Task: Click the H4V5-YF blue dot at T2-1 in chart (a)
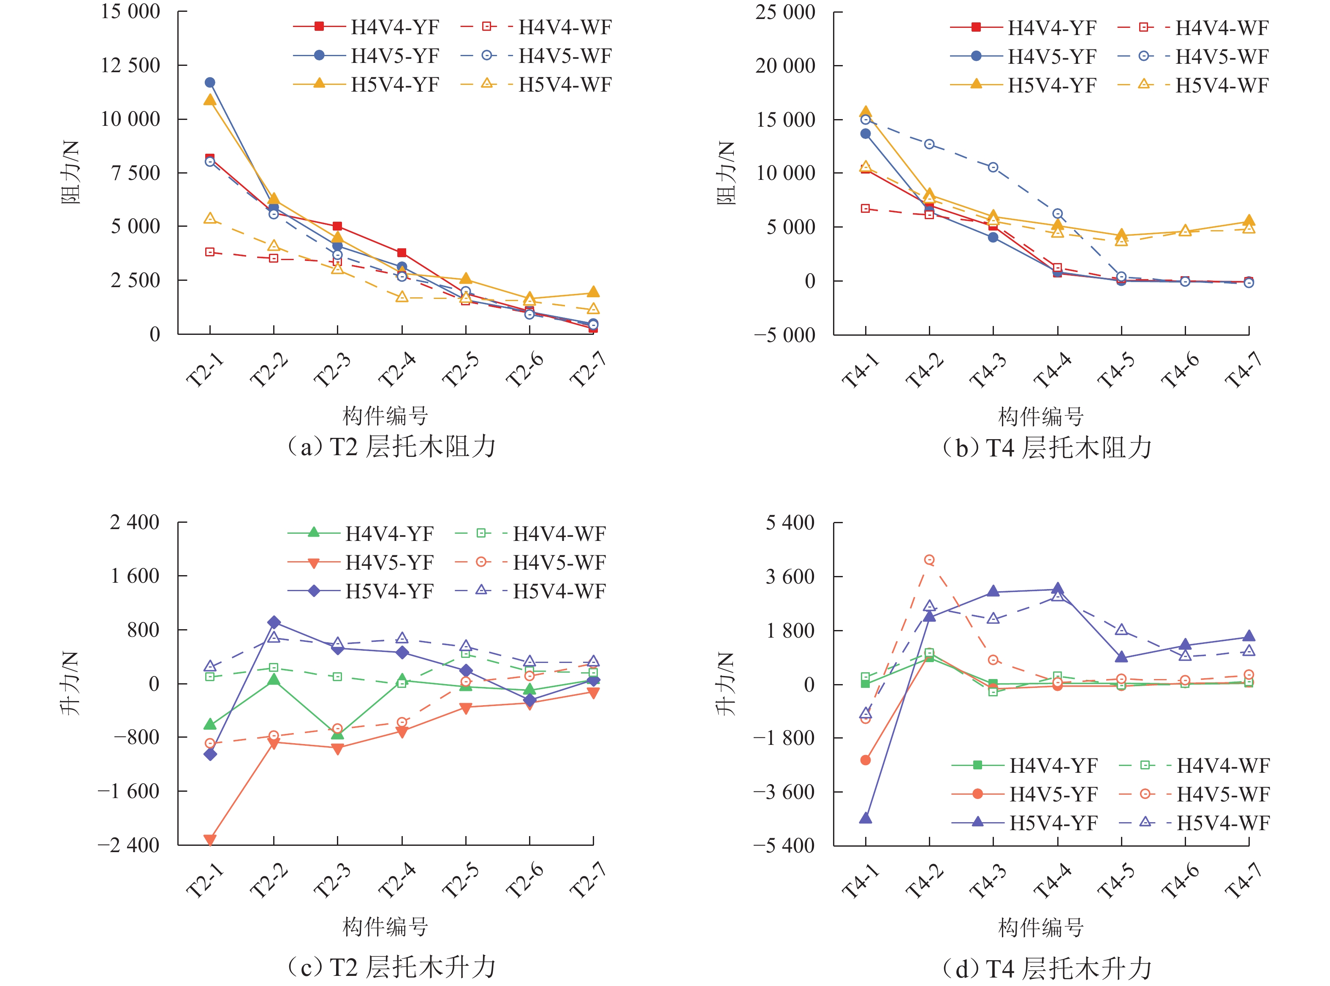[210, 82]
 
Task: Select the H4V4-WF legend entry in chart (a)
[537, 27]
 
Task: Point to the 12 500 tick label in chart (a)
[130, 65]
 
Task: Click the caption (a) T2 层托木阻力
[391, 446]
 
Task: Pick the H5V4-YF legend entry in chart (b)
[1023, 85]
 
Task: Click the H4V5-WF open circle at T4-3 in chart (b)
[993, 168]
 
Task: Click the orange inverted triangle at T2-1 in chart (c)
[210, 840]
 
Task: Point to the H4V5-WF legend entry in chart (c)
[531, 562]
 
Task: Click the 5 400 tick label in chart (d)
[790, 523]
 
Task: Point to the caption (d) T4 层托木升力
[1047, 968]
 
